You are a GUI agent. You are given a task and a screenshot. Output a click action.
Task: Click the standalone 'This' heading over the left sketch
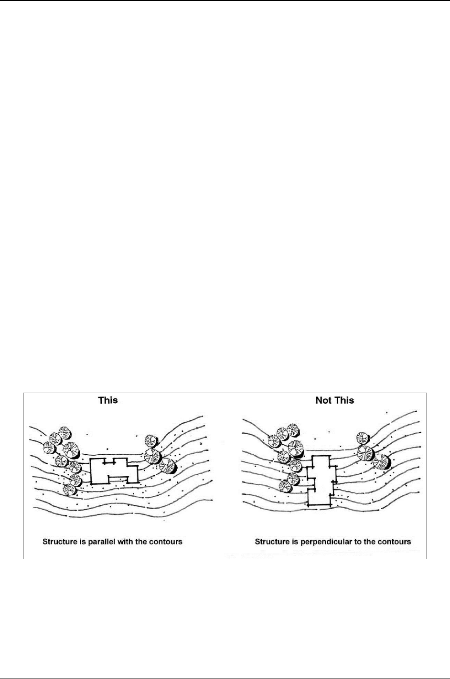[108, 400]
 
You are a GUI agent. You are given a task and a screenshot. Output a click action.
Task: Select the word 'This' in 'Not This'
[343, 400]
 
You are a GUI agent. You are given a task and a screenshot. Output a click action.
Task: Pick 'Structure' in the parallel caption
[59, 542]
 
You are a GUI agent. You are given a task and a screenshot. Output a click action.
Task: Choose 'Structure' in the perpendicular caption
[271, 542]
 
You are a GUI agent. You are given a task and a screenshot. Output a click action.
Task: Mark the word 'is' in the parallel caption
[79, 542]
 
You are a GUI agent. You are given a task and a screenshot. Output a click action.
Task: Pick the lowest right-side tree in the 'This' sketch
[168, 465]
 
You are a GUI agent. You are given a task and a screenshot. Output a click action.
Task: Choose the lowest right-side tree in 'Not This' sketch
[381, 462]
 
